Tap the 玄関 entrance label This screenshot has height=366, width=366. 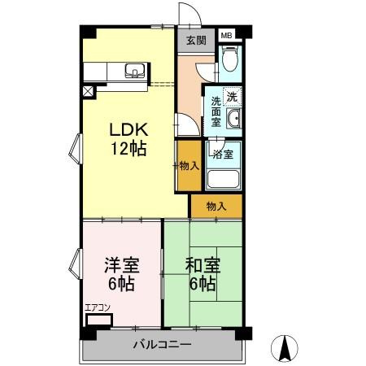196,41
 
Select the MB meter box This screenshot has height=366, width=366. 227,35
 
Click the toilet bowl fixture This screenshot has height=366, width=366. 230,59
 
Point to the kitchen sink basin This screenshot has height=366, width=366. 134,71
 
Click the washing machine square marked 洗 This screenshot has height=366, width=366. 232,96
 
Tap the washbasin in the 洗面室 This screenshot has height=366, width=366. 233,119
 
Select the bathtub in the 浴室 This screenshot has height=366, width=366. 223,179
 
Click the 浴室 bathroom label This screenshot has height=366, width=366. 223,154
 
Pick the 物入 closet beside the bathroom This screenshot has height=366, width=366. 190,165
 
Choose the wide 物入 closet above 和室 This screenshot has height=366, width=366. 216,206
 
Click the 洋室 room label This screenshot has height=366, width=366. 122,265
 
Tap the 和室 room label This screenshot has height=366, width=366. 203,265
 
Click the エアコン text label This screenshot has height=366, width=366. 98,307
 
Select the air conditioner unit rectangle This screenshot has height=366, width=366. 99,320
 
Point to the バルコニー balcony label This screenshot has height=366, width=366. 162,345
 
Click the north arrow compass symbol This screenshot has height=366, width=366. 285,348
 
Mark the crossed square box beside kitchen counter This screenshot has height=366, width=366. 88,91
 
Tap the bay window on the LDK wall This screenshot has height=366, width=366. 76,149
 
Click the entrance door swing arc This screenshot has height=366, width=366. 194,9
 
